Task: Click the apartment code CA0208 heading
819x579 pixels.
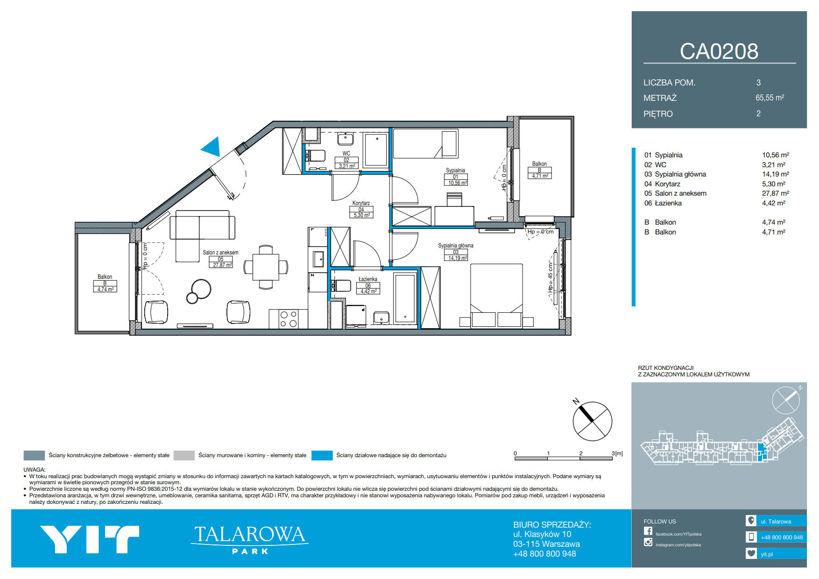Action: point(719,51)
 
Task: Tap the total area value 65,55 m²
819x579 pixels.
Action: point(770,98)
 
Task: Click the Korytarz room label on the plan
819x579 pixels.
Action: point(361,203)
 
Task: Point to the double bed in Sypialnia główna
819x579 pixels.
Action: point(496,295)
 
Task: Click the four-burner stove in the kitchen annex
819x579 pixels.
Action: point(289,319)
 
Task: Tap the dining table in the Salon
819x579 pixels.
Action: point(266,267)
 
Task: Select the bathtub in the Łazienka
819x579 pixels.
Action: point(405,299)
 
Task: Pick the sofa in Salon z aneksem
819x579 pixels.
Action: point(202,231)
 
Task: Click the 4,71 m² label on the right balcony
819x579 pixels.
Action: point(539,176)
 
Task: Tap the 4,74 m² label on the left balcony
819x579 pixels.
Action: point(105,289)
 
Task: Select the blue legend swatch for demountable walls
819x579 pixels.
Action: point(322,455)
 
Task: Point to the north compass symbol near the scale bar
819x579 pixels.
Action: point(592,421)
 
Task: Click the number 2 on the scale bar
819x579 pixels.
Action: point(581,453)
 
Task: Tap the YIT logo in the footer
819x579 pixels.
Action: point(90,539)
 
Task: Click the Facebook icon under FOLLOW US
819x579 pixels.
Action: point(648,531)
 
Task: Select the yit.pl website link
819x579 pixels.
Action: point(767,554)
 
